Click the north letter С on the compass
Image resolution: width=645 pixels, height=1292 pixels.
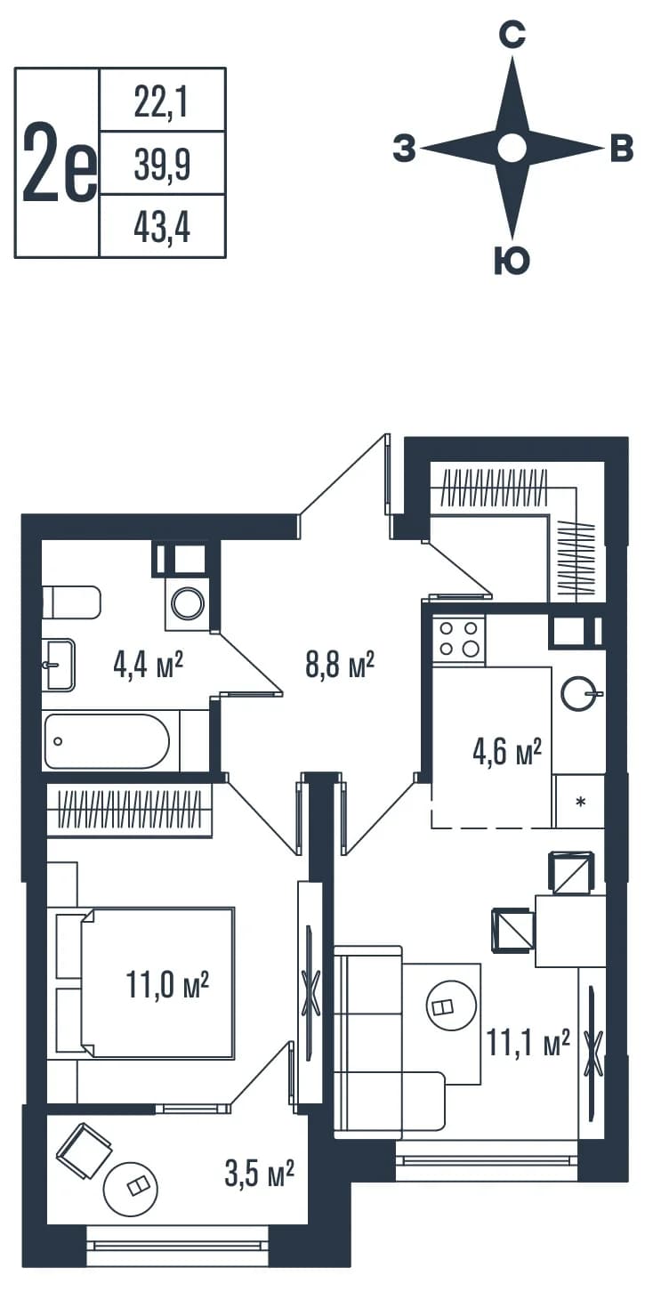point(512,34)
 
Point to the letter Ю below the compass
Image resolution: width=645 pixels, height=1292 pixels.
point(512,260)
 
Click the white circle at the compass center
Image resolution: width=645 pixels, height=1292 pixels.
point(512,149)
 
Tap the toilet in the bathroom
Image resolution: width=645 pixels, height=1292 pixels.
point(71,602)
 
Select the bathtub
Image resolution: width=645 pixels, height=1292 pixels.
point(108,742)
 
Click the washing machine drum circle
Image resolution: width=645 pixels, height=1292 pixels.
point(189,603)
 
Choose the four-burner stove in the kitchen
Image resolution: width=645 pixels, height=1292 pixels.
point(459,640)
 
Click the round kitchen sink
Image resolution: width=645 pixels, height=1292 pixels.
point(581,692)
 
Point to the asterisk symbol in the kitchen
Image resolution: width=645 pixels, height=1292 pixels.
point(581,801)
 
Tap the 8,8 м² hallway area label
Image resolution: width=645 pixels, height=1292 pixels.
point(339,666)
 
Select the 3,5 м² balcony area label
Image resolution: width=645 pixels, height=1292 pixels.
point(259,1174)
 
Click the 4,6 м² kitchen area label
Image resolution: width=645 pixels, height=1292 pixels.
point(507,752)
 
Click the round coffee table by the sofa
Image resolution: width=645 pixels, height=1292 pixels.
point(451,1006)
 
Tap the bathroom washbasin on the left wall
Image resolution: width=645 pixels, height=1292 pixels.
point(60,664)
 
